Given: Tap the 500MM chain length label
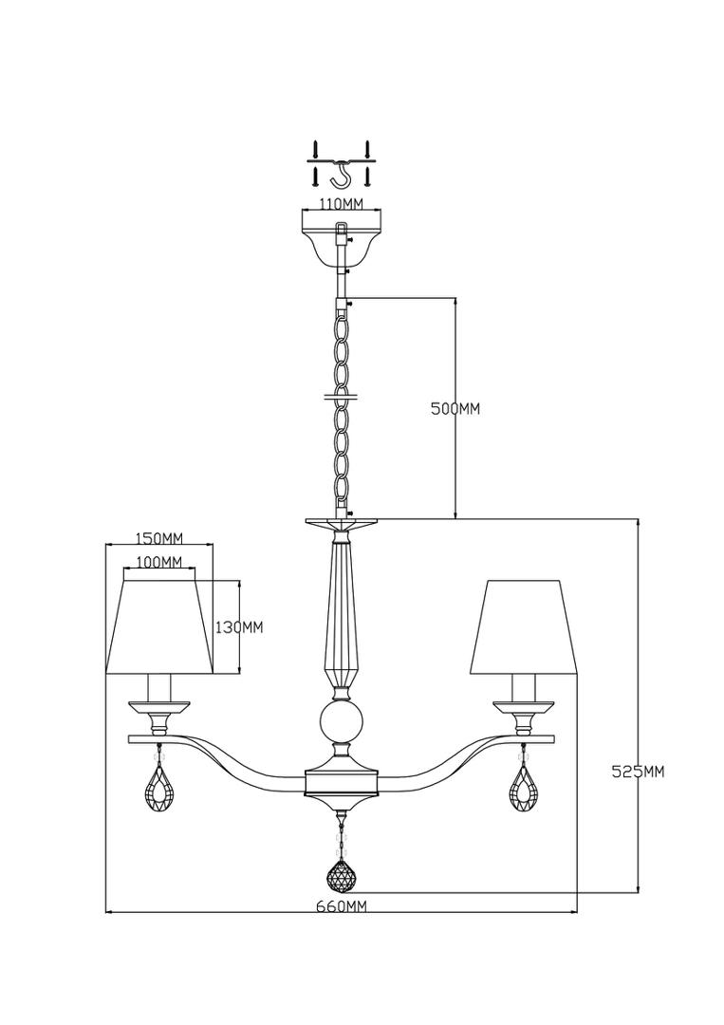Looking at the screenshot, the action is tap(455, 408).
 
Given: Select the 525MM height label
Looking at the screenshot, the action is tap(637, 772).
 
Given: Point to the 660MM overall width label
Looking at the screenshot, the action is tap(341, 906).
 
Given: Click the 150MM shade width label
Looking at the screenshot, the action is tap(158, 539).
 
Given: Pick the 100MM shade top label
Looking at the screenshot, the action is tap(160, 562).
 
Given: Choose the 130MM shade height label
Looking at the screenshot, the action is tap(239, 627).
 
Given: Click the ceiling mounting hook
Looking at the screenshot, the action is tap(341, 175).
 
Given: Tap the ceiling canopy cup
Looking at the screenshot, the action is tap(341, 245).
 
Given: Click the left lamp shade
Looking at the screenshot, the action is tap(160, 624).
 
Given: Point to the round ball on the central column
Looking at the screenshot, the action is tap(340, 721).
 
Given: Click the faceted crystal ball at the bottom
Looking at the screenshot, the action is tap(341, 874).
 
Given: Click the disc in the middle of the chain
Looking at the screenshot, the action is tap(341, 396).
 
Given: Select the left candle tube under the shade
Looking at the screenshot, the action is tap(160, 688).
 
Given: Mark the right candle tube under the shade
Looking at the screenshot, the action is tap(524, 688).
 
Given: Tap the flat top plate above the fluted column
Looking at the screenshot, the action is tap(341, 524).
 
